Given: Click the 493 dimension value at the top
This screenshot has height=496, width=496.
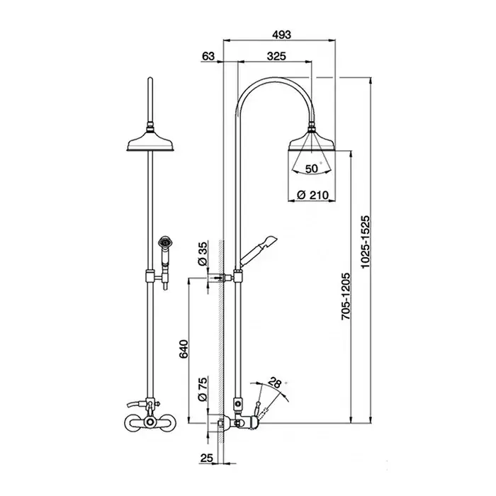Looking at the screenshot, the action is click(x=281, y=34).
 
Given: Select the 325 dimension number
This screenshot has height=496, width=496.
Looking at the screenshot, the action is click(x=276, y=56).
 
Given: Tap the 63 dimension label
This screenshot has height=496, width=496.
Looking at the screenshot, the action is click(x=208, y=56).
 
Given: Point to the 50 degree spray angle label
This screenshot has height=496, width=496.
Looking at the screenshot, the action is click(x=312, y=169).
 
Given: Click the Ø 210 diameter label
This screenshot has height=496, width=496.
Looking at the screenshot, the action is click(x=313, y=195).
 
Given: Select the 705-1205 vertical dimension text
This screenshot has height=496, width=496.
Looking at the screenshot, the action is click(x=346, y=296).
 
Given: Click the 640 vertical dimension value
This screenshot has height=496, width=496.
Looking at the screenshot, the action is click(x=184, y=349).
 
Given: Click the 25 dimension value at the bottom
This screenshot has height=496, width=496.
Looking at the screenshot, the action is click(x=206, y=458).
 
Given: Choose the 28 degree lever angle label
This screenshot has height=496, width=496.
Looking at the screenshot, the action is click(x=275, y=383).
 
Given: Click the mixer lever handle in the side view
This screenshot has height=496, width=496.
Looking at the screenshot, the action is click(x=258, y=411).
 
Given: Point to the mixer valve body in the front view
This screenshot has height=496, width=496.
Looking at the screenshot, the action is click(x=150, y=422).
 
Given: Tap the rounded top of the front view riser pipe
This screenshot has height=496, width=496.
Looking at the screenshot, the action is click(x=150, y=79).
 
